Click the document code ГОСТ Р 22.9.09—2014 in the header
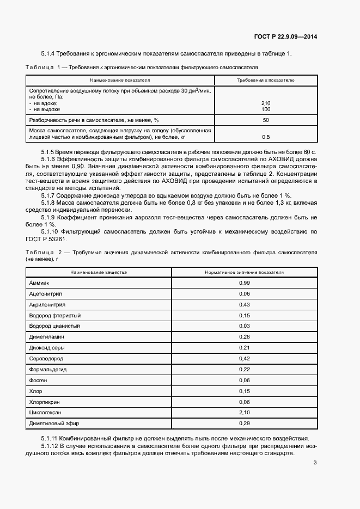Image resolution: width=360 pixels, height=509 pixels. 285,37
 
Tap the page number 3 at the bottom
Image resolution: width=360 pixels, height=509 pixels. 315,463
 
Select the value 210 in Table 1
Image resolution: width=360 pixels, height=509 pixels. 266,103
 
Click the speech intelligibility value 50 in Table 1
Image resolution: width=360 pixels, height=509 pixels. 266,120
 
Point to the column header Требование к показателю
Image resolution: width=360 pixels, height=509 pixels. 266,79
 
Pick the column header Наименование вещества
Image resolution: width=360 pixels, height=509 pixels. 99,271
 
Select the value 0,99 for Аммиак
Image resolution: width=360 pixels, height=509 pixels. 244,283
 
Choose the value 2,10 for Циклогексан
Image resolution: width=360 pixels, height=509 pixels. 244,412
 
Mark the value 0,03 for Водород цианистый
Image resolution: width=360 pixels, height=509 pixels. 244,326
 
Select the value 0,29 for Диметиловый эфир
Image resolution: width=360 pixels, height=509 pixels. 244,423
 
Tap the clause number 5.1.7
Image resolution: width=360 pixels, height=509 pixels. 50,195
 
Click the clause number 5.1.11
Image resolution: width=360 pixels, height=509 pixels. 51,439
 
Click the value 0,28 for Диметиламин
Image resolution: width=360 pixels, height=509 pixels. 244,337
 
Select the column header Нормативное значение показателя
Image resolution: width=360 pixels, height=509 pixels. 244,271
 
